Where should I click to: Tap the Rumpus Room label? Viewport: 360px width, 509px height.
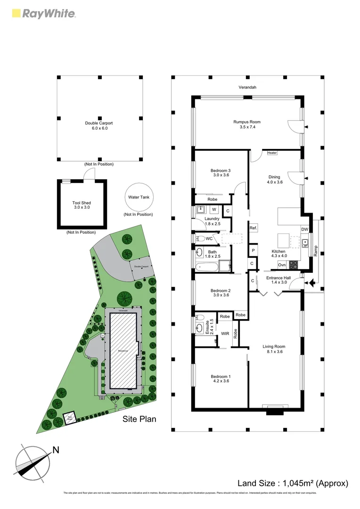tap(247, 122)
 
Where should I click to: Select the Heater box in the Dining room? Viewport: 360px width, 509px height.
tap(272, 153)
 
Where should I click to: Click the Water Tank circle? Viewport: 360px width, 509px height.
tap(138, 197)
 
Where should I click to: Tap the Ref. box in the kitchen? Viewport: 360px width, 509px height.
tap(253, 228)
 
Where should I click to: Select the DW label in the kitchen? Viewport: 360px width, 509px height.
tap(304, 230)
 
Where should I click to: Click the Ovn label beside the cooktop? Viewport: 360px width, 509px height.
tap(282, 265)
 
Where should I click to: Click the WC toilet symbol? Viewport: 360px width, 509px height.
tap(199, 238)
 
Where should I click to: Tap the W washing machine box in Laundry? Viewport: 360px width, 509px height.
tap(213, 209)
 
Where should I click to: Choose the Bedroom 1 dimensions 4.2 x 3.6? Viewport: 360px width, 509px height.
tap(220, 381)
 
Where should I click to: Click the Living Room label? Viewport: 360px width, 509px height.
tap(274, 346)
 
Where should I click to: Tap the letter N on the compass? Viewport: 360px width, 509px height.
tap(56, 450)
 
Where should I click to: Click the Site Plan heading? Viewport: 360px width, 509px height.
tap(139, 419)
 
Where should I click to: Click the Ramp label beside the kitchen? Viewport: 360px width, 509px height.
tap(316, 250)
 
